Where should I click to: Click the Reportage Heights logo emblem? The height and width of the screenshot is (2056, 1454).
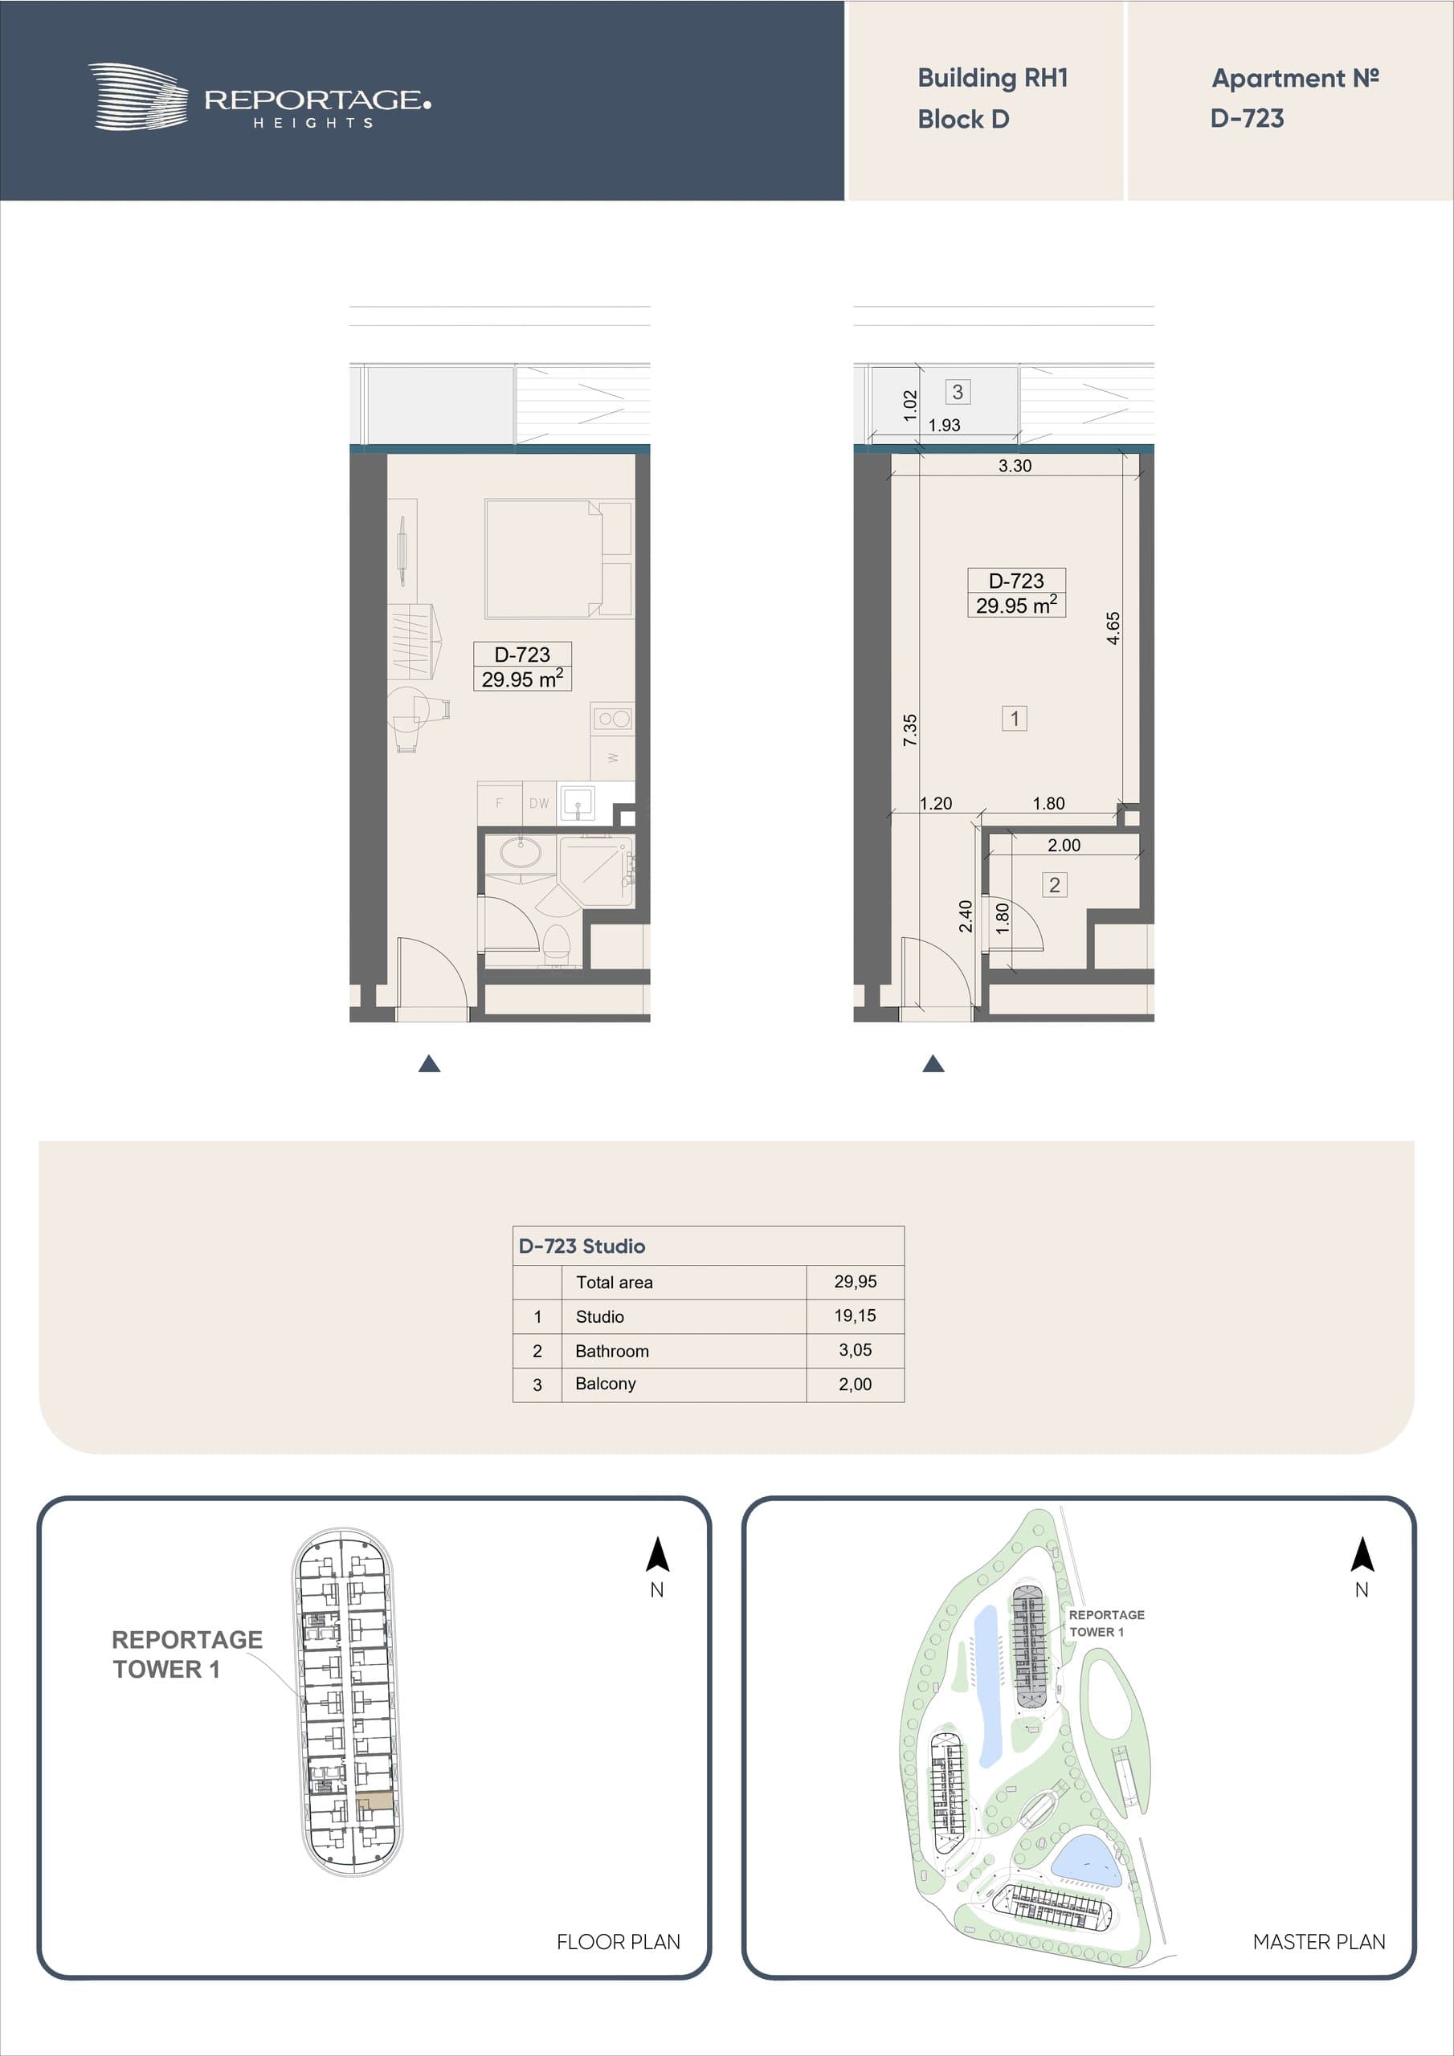point(138,96)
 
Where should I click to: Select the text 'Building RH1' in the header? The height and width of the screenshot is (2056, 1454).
point(993,78)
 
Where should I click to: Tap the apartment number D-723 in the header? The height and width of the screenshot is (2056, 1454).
point(1247,118)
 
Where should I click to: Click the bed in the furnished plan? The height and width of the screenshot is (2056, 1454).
point(558,559)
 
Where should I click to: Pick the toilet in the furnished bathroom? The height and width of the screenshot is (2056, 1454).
point(558,943)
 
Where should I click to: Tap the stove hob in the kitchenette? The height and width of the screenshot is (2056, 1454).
point(613,717)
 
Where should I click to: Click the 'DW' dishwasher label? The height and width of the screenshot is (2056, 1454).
point(539,803)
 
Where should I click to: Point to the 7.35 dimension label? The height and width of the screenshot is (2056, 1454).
point(909,730)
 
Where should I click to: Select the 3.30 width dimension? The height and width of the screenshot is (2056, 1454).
point(1015,466)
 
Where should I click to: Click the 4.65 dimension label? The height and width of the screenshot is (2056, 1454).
point(1113,628)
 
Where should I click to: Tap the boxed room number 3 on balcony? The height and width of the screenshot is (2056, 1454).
point(958,391)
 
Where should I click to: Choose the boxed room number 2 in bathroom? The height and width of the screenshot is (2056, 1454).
point(1055,885)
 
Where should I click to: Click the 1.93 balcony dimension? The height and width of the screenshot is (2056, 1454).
point(944,426)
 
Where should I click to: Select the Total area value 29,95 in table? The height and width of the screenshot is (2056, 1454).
point(856,1282)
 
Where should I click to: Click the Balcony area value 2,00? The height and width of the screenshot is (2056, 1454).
point(856,1384)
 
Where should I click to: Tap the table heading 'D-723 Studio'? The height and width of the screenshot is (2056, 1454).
point(582,1246)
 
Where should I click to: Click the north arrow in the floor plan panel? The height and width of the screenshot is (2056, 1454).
point(658,1555)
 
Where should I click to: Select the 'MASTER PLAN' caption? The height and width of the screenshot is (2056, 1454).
point(1319,1941)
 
